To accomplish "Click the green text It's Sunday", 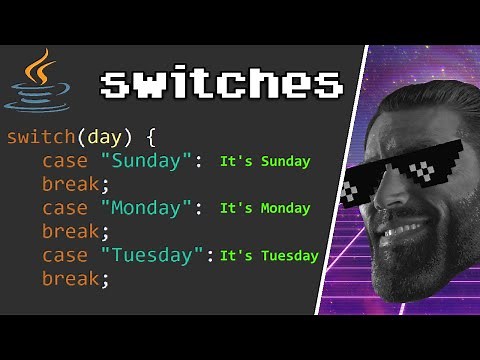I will click(x=265, y=161).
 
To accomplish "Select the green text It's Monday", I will click(x=265, y=208).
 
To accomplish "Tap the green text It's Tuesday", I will click(x=269, y=255).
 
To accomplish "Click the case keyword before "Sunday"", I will click(x=65, y=161).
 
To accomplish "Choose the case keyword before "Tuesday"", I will click(x=65, y=255).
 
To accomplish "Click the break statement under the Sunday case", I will click(x=75, y=185).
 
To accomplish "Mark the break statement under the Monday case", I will click(x=75, y=232).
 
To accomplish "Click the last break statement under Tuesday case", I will click(x=75, y=279).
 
